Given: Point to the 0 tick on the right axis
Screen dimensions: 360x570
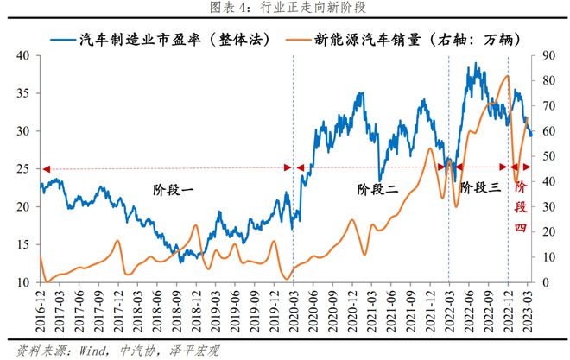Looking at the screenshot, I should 545,282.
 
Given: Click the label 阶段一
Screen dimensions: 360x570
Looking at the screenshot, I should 174,187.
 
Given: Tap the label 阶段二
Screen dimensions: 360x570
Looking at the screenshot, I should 378,187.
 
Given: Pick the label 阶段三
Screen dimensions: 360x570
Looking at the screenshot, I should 480,187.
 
